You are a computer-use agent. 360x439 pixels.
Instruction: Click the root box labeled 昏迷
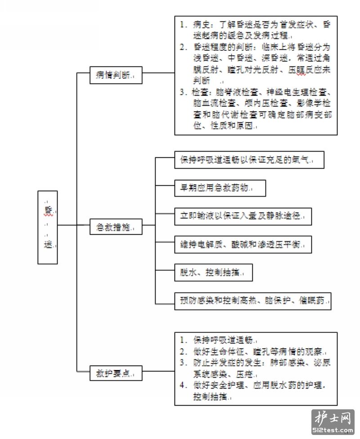tap(48, 227)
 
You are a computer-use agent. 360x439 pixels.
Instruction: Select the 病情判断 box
tap(116, 75)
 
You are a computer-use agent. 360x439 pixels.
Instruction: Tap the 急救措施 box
tap(116, 227)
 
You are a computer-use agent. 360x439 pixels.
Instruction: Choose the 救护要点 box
tap(116, 373)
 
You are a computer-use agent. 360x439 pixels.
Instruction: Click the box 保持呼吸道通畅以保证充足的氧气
tap(249, 160)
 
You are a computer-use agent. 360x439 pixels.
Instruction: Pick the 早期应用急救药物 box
tap(220, 188)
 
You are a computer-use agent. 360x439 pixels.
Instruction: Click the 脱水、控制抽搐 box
tap(213, 273)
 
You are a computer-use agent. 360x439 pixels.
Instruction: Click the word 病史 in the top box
tap(201, 25)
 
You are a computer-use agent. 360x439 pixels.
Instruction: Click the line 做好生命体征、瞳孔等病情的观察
tap(259, 351)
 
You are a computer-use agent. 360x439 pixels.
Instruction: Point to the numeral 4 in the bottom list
tap(183, 385)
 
